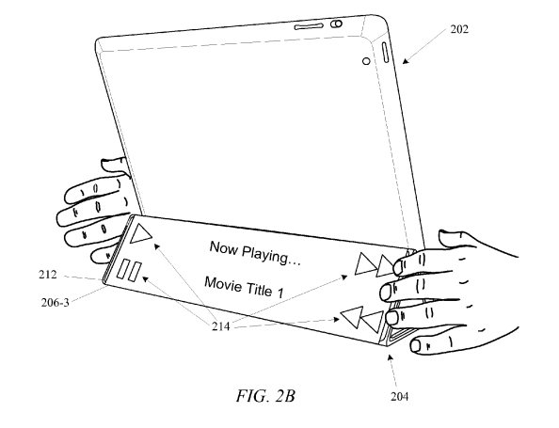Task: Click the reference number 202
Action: (x=459, y=29)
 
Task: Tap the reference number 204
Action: (x=399, y=396)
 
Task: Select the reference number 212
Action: (x=48, y=275)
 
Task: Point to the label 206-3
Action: (x=55, y=302)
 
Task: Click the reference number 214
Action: (x=220, y=326)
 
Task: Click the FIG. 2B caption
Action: (x=265, y=396)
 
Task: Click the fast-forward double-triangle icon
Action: (x=373, y=264)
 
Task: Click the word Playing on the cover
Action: (x=271, y=256)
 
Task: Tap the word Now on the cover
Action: (x=224, y=247)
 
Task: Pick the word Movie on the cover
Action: (x=223, y=284)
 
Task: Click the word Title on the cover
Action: (x=258, y=290)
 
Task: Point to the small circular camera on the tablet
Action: (x=366, y=61)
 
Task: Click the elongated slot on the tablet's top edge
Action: (x=309, y=26)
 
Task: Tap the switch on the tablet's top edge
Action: (x=336, y=24)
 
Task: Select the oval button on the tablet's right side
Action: (x=386, y=53)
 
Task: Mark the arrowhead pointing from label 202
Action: (x=406, y=61)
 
